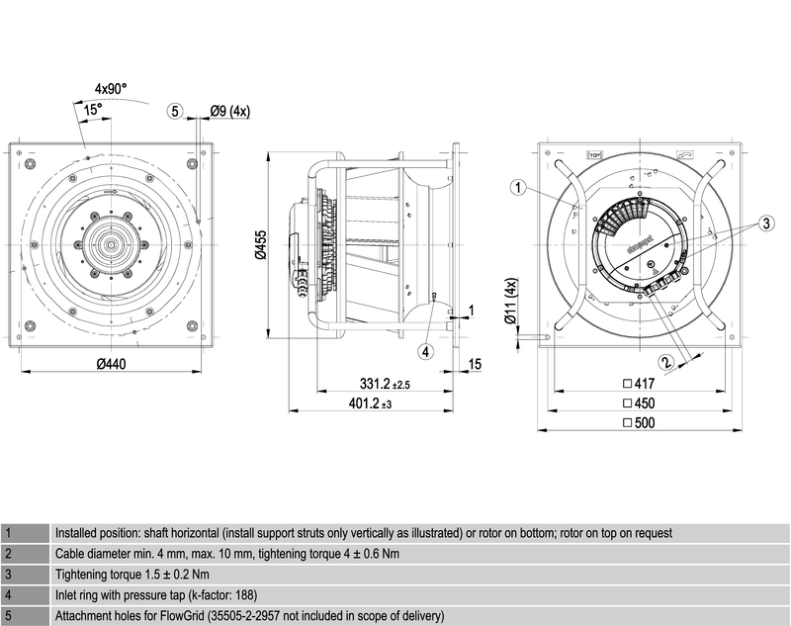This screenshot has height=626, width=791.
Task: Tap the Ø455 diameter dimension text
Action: click(260, 243)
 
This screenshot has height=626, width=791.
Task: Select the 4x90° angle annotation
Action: click(112, 89)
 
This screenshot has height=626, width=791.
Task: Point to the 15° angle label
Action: click(92, 111)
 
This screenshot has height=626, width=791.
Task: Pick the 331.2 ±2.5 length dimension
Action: click(386, 383)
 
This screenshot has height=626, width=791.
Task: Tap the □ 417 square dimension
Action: click(639, 383)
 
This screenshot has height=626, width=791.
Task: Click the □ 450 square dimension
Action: click(639, 403)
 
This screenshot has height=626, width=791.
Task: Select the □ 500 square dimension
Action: click(639, 423)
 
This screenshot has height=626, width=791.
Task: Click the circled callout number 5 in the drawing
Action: click(176, 112)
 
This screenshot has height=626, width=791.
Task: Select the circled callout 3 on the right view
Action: click(765, 224)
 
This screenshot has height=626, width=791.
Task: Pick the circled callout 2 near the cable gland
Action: click(666, 362)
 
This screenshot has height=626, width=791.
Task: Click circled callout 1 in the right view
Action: click(516, 186)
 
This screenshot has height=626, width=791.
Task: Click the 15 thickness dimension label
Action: click(475, 365)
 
